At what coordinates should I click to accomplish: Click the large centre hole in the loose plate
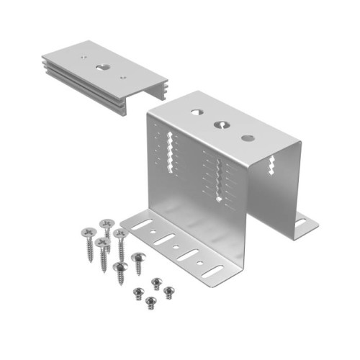[x=100, y=68]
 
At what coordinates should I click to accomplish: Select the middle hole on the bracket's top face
[x=220, y=125]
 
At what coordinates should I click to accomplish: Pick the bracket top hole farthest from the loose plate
[x=247, y=138]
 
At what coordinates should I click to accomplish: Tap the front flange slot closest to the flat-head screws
[x=142, y=226]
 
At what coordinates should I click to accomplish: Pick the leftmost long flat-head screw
[x=89, y=234]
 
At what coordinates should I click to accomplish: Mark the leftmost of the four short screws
[x=138, y=292]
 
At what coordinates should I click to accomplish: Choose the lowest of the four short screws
[x=150, y=301]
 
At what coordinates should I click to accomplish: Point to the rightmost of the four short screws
[x=168, y=291]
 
